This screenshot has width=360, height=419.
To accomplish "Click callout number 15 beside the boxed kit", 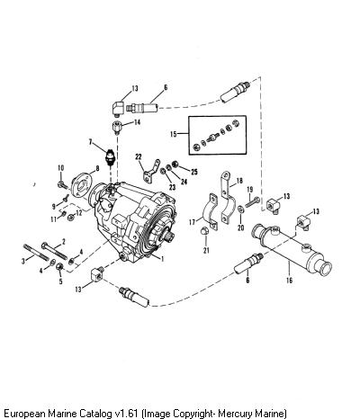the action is pos(174,134).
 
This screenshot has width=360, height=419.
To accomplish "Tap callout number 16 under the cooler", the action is pos(289,281).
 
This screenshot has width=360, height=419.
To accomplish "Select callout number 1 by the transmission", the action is pos(163,259).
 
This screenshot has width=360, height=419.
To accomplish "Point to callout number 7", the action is pos(90,142).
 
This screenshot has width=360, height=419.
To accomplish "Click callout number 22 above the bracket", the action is pos(139,156).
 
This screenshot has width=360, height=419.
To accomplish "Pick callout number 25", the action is pos(194,172).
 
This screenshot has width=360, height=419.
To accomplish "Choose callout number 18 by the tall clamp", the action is pos(239,181).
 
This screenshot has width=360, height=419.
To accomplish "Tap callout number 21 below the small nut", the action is pos(206,250).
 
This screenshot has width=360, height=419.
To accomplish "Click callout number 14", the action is pos(137,122).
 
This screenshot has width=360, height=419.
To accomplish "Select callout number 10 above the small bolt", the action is pos(61,168).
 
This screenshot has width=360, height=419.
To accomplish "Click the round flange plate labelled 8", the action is pos(81,188).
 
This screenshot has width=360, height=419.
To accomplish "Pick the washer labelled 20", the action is pos(241,209).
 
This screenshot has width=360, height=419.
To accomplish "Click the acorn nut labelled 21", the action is pos(205,231).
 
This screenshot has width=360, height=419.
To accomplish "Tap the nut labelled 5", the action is pos(59,266).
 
